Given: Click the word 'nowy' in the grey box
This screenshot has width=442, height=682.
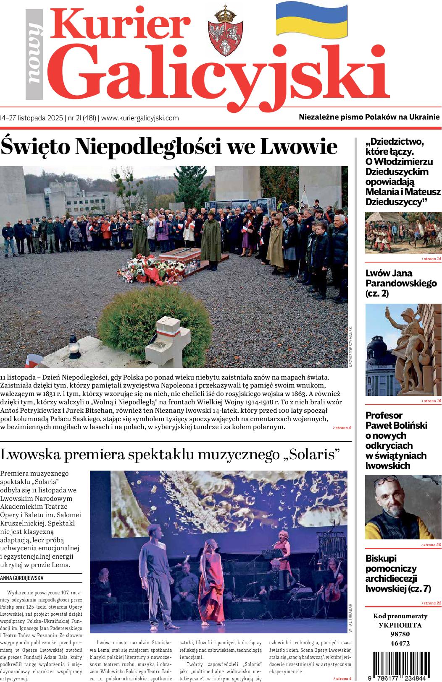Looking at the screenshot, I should (34, 55).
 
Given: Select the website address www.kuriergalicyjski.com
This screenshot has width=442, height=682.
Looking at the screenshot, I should (140, 118).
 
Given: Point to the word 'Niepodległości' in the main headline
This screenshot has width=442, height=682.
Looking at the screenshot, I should (155, 147).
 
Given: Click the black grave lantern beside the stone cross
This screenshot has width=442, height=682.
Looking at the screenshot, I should (74, 346).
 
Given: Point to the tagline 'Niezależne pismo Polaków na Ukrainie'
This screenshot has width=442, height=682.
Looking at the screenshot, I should (369, 117).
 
